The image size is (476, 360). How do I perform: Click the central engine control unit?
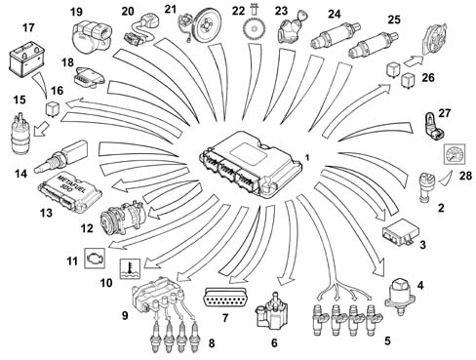click(x=251, y=164)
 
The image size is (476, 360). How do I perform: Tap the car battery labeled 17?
click(x=27, y=60)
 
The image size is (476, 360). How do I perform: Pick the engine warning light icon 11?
click(x=95, y=258)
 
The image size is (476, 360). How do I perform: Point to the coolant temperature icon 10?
click(x=130, y=268)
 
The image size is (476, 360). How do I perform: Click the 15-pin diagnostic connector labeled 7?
click(x=224, y=298)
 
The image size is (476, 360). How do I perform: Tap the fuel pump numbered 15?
click(x=20, y=134)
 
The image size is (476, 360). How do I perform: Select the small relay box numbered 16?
click(x=52, y=109)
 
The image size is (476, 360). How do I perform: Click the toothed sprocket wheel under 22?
click(x=255, y=29)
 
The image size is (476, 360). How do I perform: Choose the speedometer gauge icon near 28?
click(x=455, y=154)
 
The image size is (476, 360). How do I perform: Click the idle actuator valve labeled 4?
click(x=401, y=297)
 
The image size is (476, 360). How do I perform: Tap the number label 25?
click(x=394, y=20)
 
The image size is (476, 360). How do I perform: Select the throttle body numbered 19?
click(x=93, y=35)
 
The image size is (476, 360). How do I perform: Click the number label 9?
click(x=125, y=315)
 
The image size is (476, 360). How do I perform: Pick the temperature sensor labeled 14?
click(x=60, y=157)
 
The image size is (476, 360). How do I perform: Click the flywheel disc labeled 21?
click(x=206, y=25)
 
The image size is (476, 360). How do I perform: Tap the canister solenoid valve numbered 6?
click(x=271, y=310)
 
